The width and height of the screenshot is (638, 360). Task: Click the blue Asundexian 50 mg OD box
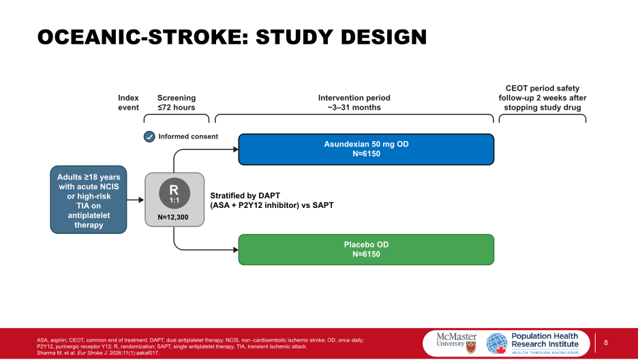click(365, 149)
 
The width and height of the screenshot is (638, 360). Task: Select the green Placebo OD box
click(365, 249)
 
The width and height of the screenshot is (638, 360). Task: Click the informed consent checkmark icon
click(149, 136)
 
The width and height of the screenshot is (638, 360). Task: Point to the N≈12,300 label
click(174, 217)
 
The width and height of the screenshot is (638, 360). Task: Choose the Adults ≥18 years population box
click(89, 200)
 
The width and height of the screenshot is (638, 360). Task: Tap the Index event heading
click(128, 102)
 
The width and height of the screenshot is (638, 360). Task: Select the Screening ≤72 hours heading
click(176, 102)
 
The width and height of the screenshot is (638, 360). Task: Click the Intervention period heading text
click(354, 102)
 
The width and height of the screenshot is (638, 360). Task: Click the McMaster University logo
click(453, 340)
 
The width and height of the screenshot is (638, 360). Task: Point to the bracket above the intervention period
click(354, 117)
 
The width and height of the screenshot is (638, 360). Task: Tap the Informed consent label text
click(188, 136)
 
